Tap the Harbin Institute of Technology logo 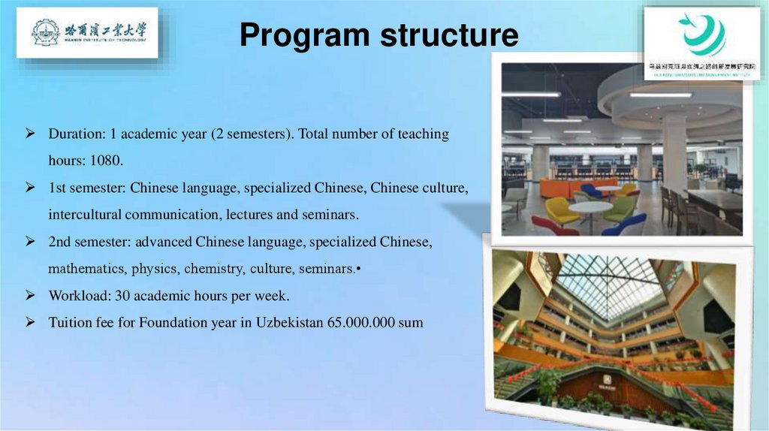pos(87,33)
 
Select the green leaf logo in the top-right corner pos(701,35)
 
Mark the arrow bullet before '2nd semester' pos(31,242)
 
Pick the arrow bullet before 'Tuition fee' pos(31,323)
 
